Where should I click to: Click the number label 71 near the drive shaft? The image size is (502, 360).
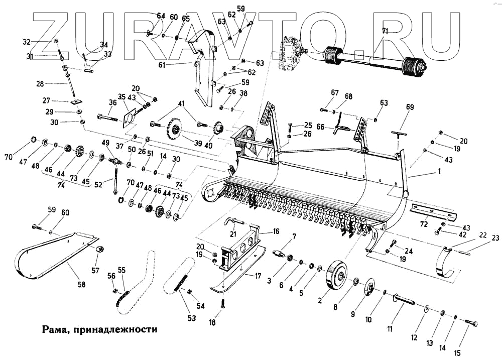pyautogui.click(x=385, y=31)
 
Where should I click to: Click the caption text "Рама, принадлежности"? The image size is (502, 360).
pyautogui.click(x=100, y=330)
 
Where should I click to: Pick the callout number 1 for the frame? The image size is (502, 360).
pyautogui.click(x=439, y=172)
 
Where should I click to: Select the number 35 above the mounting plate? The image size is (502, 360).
pyautogui.click(x=121, y=97)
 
